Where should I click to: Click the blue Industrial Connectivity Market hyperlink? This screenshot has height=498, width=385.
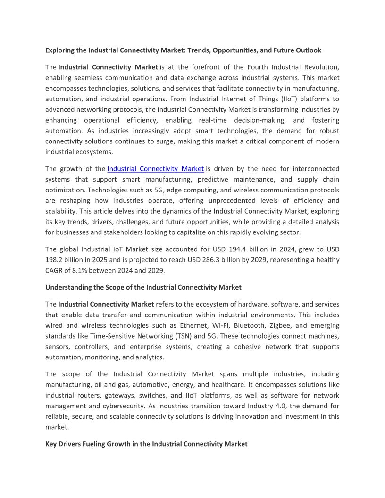[156, 168]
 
